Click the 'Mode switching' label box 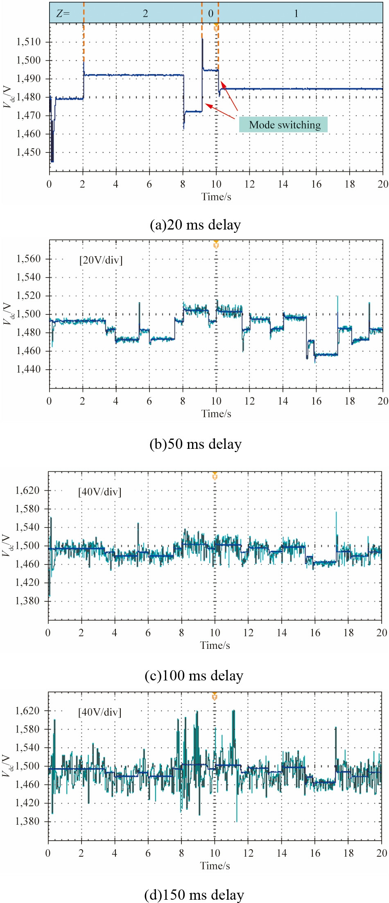283,125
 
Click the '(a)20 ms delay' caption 195,225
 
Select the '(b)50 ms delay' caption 195,444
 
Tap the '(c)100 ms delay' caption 194,675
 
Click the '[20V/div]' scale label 101,260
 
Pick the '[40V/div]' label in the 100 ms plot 100,491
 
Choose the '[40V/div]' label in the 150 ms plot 100,712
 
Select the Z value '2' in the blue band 145,14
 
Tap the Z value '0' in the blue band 210,14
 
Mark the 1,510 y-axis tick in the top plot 28,42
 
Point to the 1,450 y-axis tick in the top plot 28,152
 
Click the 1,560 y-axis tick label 28,259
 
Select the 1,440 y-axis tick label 28,369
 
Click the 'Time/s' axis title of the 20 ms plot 216,197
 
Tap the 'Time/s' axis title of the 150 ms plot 215,865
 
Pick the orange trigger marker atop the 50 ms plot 216,245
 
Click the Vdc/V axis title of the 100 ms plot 7,545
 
